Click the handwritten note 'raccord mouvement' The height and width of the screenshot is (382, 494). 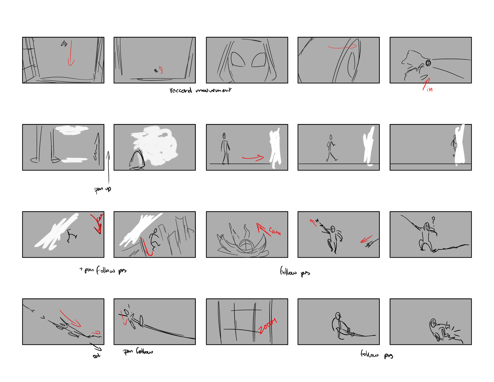[200, 90]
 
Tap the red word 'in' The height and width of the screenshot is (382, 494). [430, 89]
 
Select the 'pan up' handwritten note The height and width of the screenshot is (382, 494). [102, 189]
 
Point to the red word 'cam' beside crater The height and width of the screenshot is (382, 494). [275, 231]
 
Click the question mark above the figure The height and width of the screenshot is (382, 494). [433, 221]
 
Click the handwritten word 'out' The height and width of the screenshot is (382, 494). [96, 356]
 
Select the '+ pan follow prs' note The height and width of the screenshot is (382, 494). [103, 270]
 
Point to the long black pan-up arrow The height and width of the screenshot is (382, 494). [108, 167]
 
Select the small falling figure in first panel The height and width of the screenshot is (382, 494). [64, 44]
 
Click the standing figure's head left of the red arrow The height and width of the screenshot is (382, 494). [224, 135]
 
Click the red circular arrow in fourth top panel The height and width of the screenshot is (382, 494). [342, 47]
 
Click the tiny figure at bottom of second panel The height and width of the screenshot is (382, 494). [156, 71]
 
